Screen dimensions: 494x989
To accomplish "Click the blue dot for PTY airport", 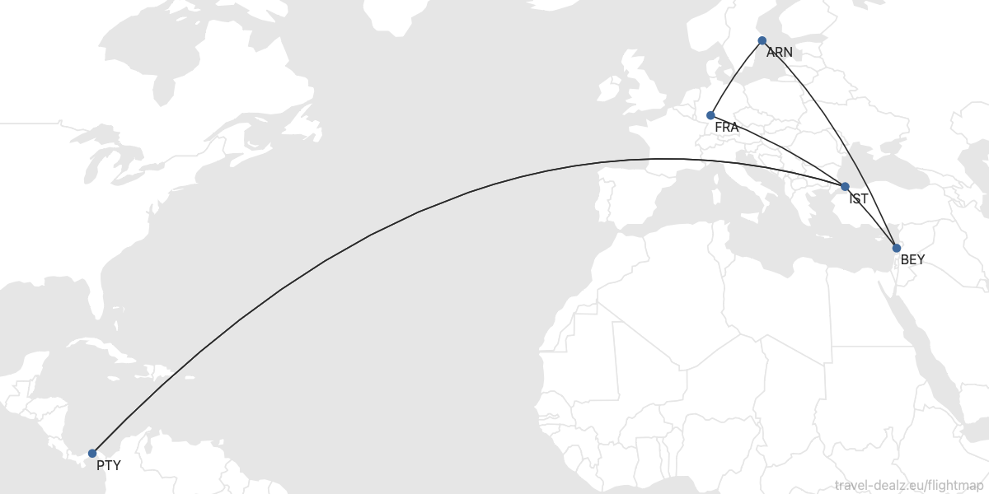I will tap(92, 454).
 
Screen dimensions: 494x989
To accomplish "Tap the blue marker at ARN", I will tap(762, 40).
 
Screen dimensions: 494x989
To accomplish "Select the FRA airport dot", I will tap(710, 115).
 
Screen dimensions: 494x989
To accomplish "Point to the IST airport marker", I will tap(845, 187).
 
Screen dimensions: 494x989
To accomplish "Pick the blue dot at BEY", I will tap(897, 248).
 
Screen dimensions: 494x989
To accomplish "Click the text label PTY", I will tap(108, 465).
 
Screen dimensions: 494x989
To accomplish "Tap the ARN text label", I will tap(779, 53).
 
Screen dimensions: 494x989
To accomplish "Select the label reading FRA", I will tap(726, 128).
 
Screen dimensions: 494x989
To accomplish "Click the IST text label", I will tap(859, 198).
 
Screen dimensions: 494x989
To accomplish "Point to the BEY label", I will tap(912, 259).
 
